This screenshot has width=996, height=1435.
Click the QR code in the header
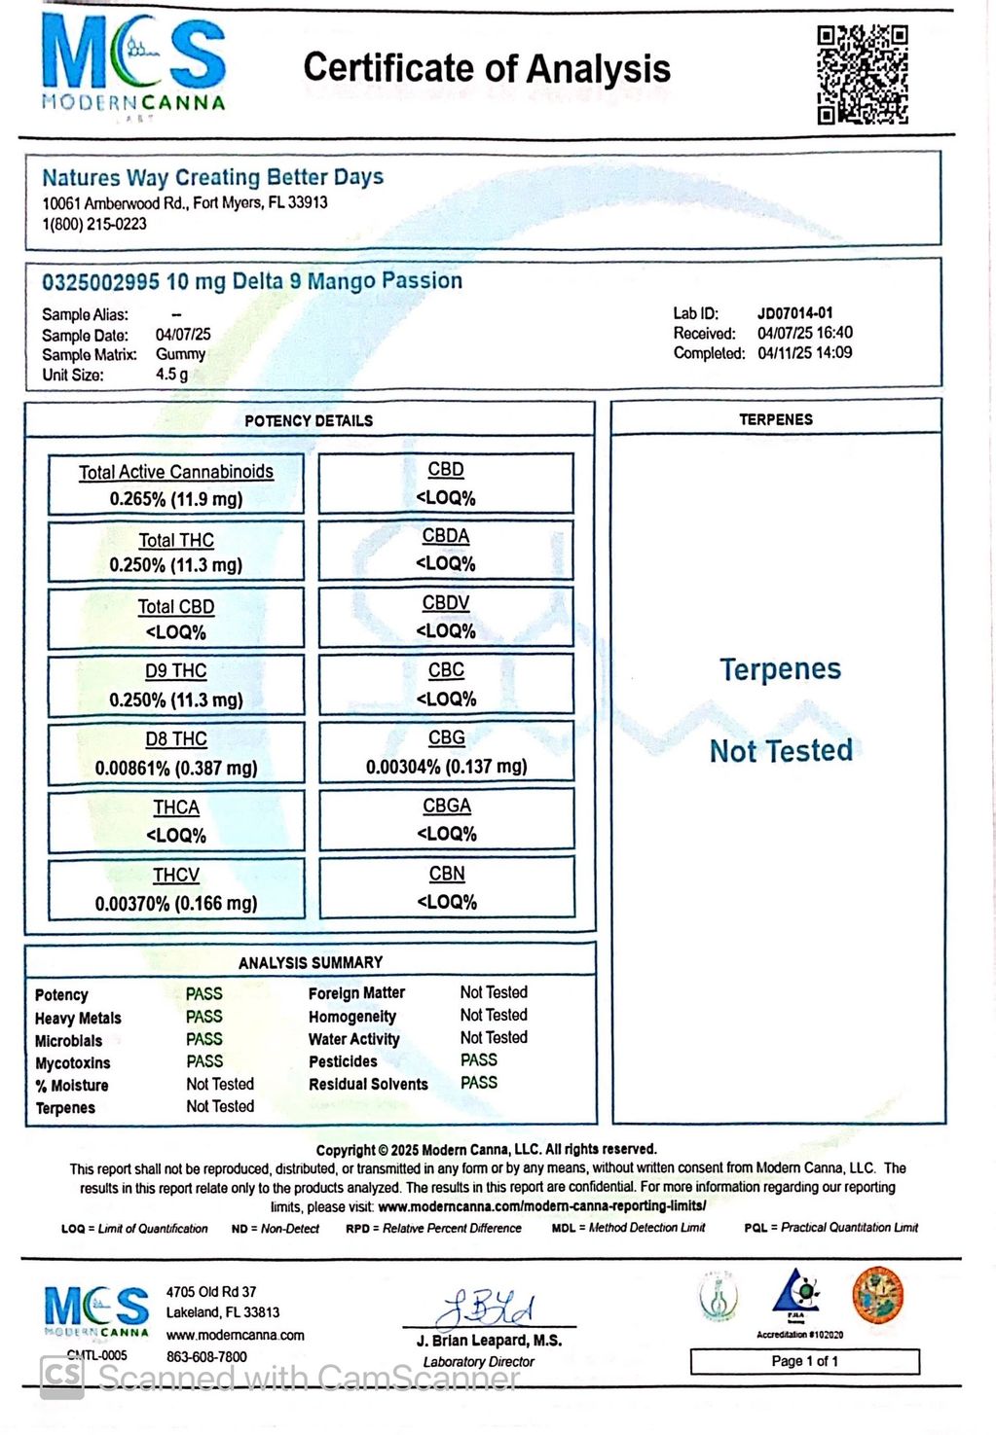862,75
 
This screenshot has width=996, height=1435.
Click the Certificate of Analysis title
487,68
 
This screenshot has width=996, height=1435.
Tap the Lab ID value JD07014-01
794,313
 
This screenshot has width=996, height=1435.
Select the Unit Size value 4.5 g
171,375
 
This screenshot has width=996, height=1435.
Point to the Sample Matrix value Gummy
180,354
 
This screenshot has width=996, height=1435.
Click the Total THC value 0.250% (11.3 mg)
176,565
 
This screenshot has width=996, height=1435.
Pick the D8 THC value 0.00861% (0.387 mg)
176,768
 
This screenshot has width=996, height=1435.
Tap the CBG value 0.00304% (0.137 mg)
446,767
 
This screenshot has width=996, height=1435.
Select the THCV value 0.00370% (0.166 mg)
176,904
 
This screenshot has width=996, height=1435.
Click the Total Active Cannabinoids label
176,472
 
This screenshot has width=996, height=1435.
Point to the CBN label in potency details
447,874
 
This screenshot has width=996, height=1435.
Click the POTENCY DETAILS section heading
309,420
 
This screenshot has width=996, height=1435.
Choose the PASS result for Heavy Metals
204,1017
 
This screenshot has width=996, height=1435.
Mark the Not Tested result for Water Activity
494,1038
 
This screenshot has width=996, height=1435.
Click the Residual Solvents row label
368,1085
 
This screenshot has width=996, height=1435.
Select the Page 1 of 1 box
804,1361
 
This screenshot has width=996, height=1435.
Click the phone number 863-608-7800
206,1356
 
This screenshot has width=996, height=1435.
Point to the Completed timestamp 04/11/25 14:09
804,353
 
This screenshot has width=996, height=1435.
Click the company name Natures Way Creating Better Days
212,177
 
